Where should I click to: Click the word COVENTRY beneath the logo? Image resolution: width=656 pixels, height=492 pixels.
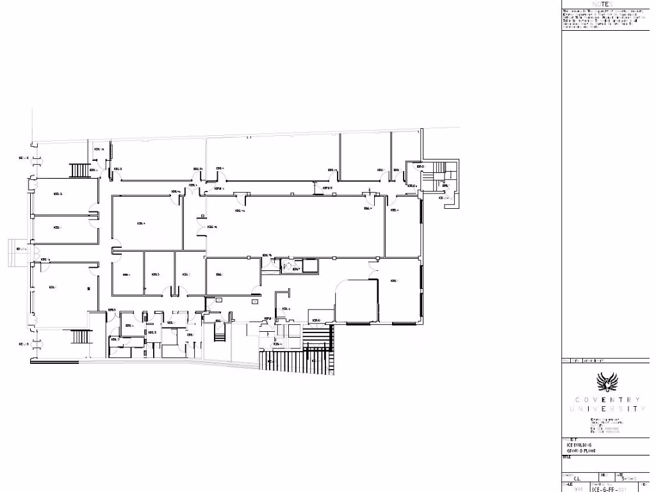[x=607, y=400]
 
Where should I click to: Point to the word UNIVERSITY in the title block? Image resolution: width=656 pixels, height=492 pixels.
[x=607, y=409]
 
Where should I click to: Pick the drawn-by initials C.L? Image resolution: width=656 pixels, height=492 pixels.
[x=577, y=478]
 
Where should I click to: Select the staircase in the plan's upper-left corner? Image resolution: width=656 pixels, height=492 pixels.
[x=81, y=170]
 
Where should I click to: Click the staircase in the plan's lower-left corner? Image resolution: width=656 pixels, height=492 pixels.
[x=81, y=336]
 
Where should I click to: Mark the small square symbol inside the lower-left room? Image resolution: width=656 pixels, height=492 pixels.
[x=88, y=289]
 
